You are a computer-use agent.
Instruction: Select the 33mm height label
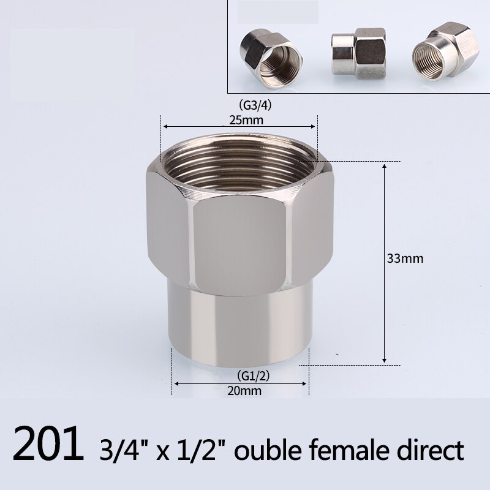[405, 258]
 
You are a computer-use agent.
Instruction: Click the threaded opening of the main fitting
[239, 162]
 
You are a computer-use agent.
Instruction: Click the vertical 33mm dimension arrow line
[384, 263]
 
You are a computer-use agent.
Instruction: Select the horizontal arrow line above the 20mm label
[241, 383]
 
